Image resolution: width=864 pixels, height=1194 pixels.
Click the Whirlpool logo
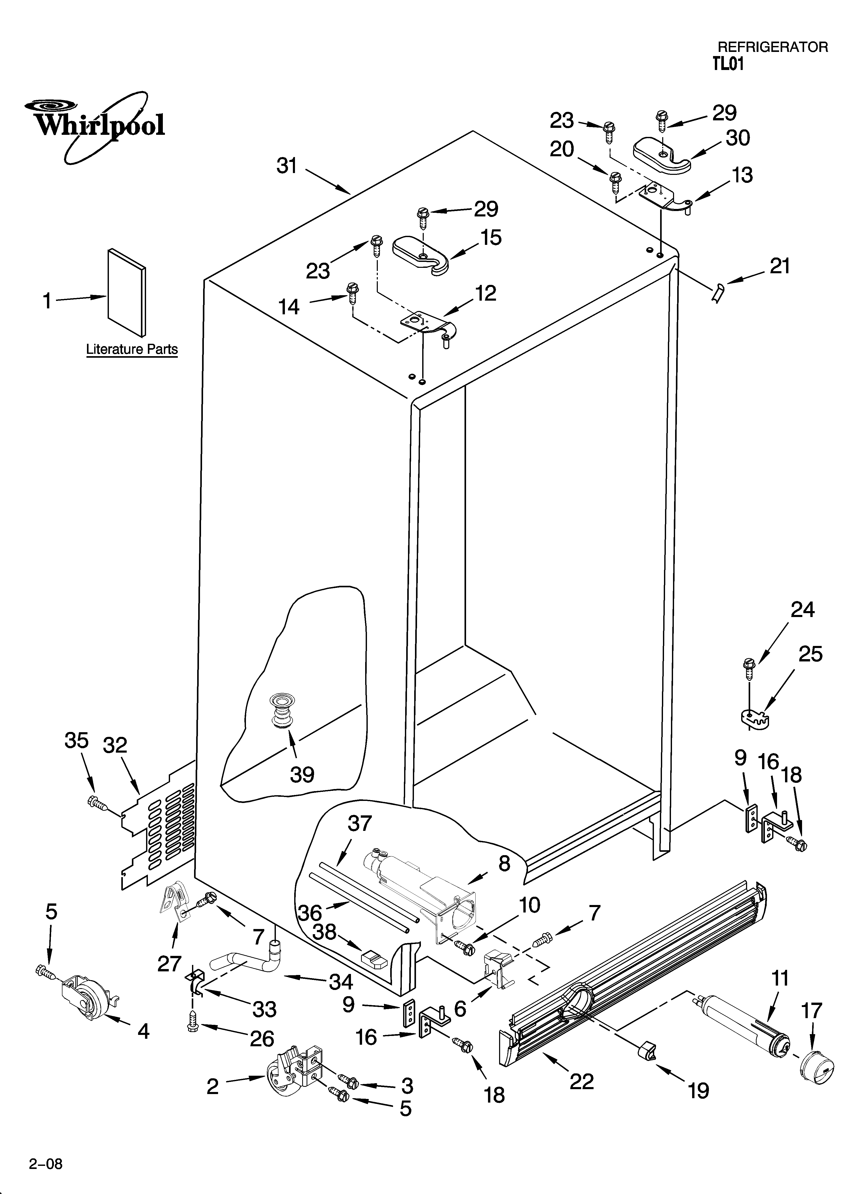point(95,125)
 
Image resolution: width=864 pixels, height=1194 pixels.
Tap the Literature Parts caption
point(132,349)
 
